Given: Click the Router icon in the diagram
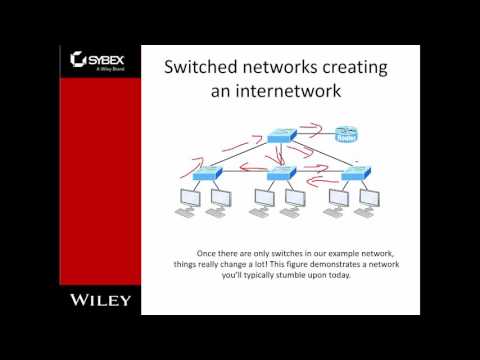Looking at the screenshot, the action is [x=347, y=134].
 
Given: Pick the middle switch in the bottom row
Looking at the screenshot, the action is [x=283, y=173].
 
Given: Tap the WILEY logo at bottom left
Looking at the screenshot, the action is [x=99, y=299].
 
